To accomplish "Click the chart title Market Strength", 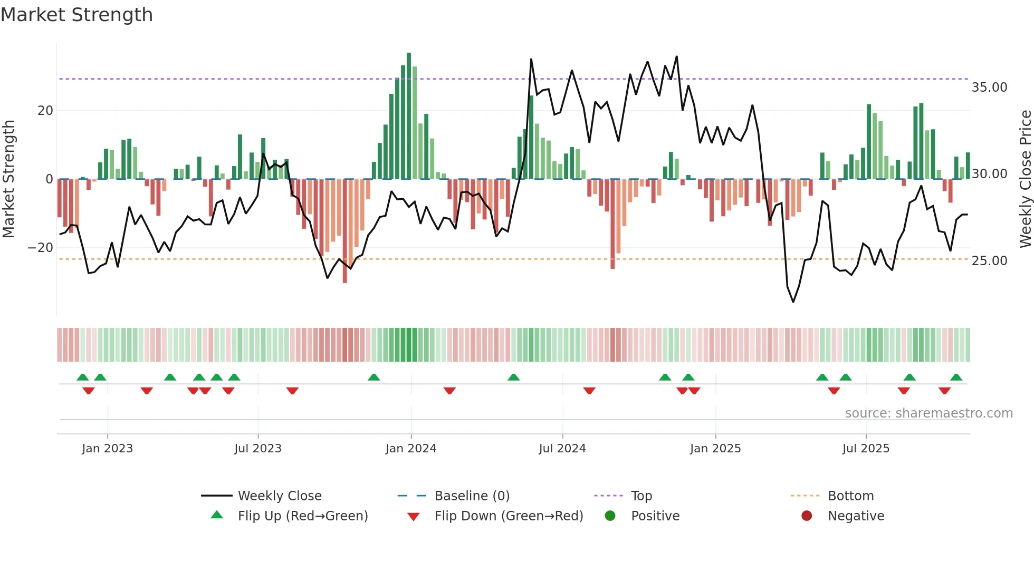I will pyautogui.click(x=76, y=15).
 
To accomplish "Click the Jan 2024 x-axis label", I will pyautogui.click(x=411, y=449).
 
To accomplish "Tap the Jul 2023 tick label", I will pyautogui.click(x=258, y=449).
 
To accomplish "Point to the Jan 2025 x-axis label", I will pyautogui.click(x=715, y=449).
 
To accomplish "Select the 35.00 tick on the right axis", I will pyautogui.click(x=989, y=88).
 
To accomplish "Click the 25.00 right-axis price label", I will pyautogui.click(x=989, y=261).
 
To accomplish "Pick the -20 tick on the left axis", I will pyautogui.click(x=41, y=248).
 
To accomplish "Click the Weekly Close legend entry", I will pyautogui.click(x=279, y=496).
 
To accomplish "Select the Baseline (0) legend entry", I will pyautogui.click(x=472, y=496).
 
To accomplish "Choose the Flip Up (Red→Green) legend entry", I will pyautogui.click(x=302, y=516).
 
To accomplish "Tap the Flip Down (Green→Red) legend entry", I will pyautogui.click(x=509, y=516).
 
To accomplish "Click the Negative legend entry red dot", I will pyautogui.click(x=807, y=516).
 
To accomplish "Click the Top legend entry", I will pyautogui.click(x=641, y=496).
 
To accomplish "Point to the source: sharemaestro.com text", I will pyautogui.click(x=928, y=413).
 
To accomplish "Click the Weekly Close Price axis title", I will pyautogui.click(x=1025, y=179).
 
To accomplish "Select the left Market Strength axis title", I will pyautogui.click(x=8, y=179).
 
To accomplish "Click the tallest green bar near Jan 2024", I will pyautogui.click(x=409, y=116).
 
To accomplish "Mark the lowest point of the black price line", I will pyautogui.click(x=793, y=302).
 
